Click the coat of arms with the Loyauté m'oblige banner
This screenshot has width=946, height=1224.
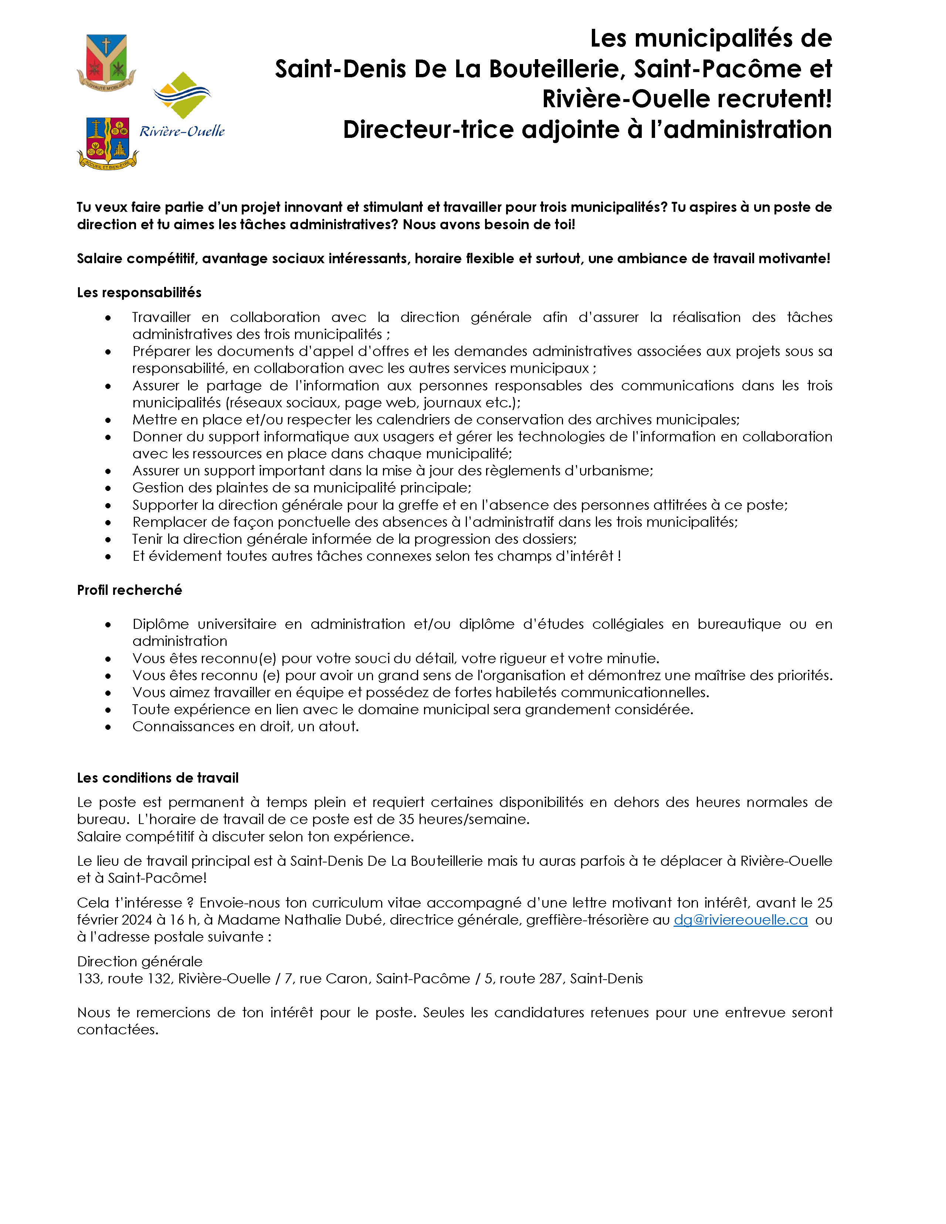click(106, 62)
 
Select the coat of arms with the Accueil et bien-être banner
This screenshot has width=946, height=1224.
click(107, 142)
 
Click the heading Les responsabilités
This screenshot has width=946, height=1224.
click(139, 292)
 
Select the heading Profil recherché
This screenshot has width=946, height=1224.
click(129, 590)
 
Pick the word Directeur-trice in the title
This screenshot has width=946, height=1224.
click(429, 129)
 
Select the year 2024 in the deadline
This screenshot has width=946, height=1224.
click(137, 920)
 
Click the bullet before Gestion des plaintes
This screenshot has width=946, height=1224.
click(108, 488)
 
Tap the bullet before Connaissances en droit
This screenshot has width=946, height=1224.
click(108, 727)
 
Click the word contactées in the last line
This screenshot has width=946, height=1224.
click(118, 1030)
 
